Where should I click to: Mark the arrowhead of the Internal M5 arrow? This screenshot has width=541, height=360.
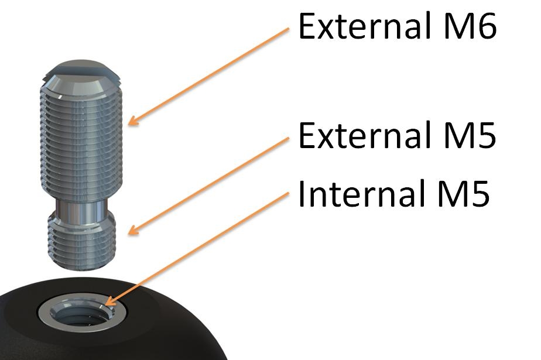point(108,304)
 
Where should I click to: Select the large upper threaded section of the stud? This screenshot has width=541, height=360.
point(81,140)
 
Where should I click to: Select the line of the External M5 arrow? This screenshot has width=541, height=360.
point(211,184)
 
